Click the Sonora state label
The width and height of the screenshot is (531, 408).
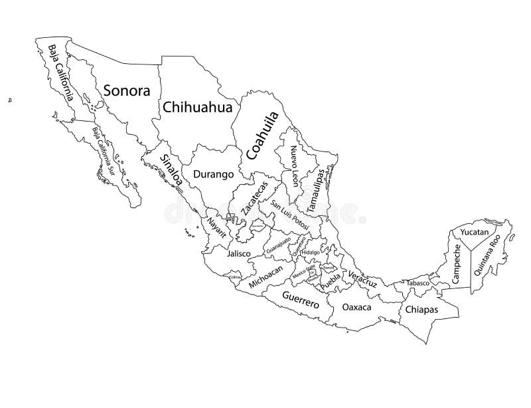(x=127, y=90)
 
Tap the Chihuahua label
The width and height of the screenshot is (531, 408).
(x=197, y=106)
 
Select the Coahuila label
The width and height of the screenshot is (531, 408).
(x=261, y=136)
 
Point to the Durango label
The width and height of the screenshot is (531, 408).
(x=213, y=175)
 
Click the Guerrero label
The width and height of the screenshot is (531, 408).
(x=301, y=300)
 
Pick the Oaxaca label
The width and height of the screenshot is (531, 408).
(x=356, y=308)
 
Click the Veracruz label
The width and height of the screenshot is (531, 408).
(x=361, y=278)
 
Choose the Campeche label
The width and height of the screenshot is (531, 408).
(x=457, y=264)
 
